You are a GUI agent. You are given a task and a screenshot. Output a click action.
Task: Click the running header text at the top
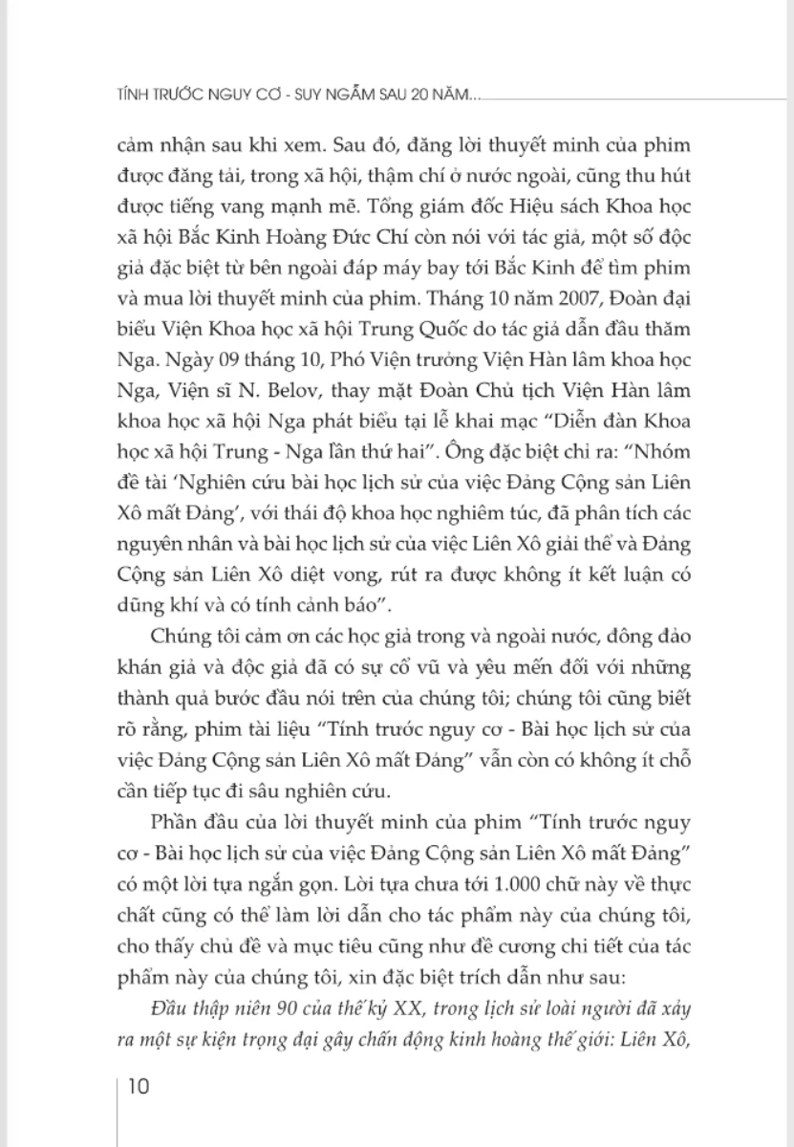pos(297,95)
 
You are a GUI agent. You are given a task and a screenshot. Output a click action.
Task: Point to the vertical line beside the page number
pos(118,1109)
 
